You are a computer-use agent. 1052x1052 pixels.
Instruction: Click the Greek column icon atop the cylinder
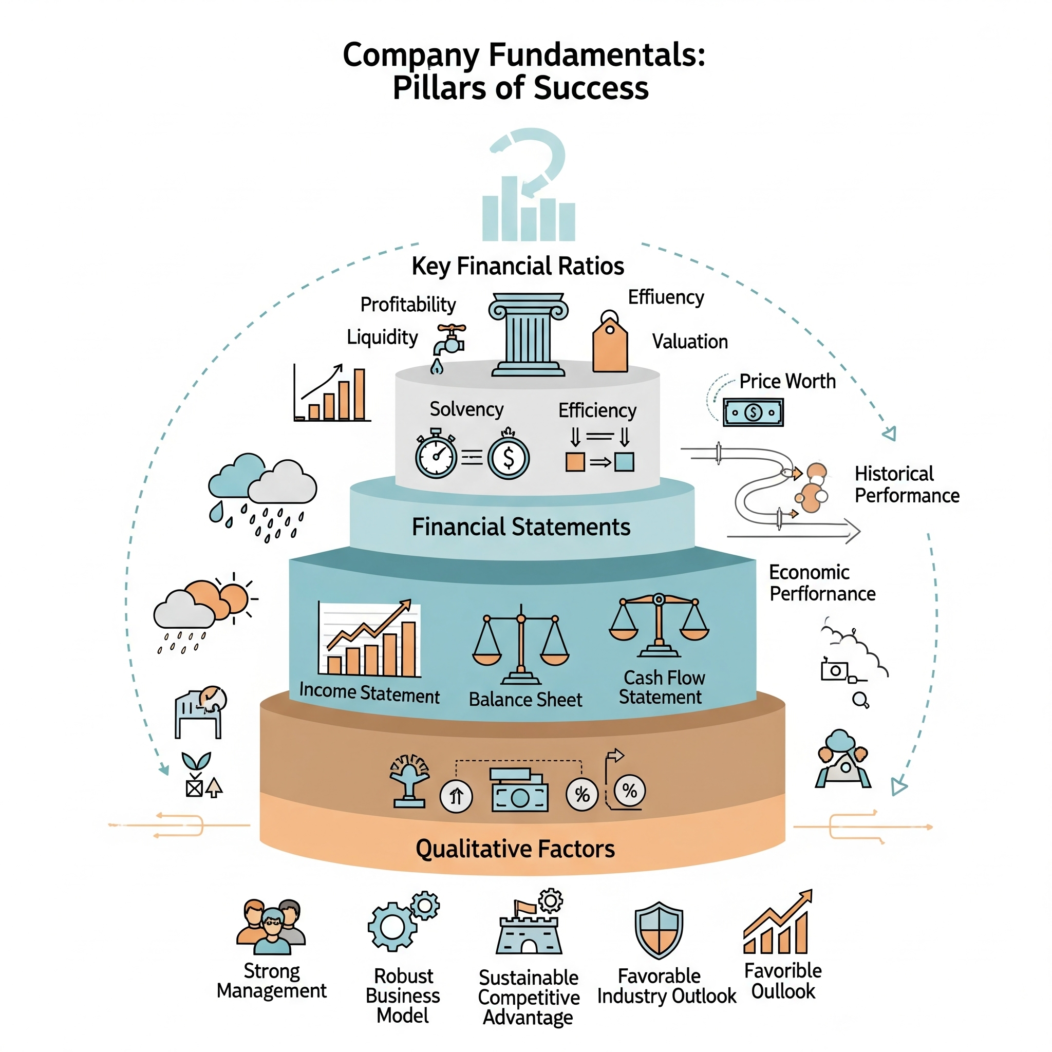[x=528, y=334]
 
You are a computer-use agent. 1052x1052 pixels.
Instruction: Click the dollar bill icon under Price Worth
[x=753, y=412]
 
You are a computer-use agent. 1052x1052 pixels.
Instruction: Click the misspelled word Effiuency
[x=665, y=297]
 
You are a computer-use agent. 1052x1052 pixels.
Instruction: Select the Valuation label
[x=689, y=342]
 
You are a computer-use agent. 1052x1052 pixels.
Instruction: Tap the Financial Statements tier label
[x=520, y=527]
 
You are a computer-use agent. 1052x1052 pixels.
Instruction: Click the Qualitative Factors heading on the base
[x=515, y=849]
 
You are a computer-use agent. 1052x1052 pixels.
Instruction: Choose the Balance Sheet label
[x=525, y=699]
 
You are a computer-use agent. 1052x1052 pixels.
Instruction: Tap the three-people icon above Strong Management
[x=271, y=926]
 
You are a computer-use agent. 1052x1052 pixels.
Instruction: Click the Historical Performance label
[x=906, y=484]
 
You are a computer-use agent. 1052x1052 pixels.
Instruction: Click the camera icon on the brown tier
[x=519, y=791]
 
